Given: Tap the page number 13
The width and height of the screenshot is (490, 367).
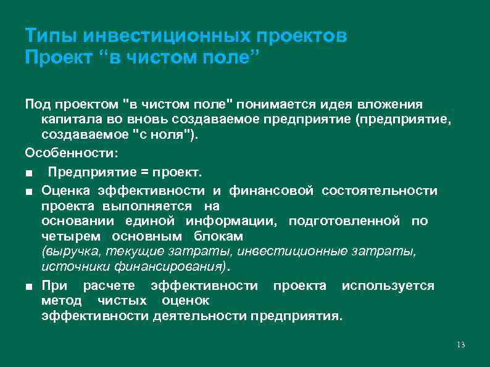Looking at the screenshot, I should (x=460, y=344).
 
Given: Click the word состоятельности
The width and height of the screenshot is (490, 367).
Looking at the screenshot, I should (x=379, y=190).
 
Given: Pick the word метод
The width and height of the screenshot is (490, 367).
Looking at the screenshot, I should (x=61, y=301).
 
